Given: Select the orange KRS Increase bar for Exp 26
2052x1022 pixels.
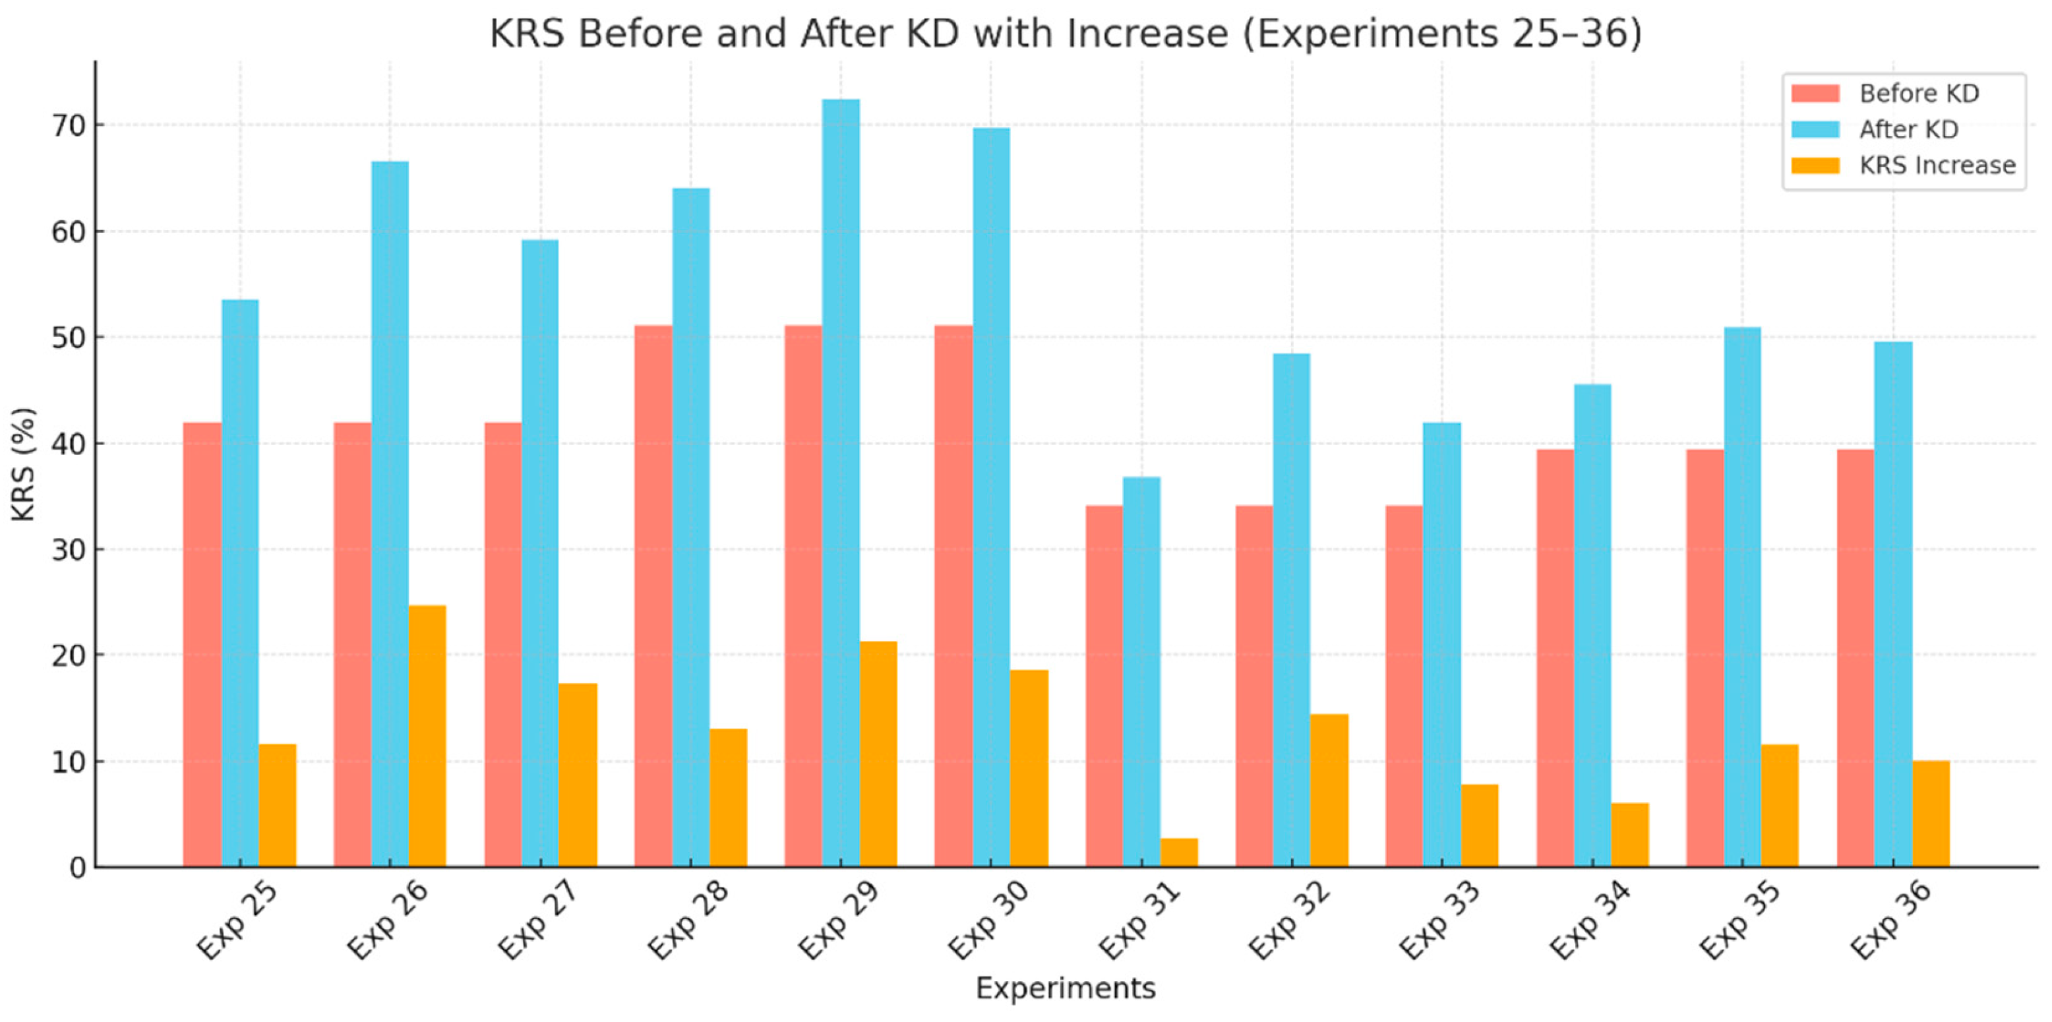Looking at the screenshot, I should click(427, 736).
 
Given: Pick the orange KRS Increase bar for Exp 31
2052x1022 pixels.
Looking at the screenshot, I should click(1179, 853).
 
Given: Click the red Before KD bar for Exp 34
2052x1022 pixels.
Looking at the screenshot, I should click(1555, 658).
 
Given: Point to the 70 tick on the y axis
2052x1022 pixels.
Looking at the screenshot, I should click(68, 126).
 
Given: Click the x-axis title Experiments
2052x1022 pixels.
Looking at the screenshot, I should click(1065, 988).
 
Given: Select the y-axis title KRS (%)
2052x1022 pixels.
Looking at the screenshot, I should click(24, 464).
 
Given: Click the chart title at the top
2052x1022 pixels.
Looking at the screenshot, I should click(1065, 34).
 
